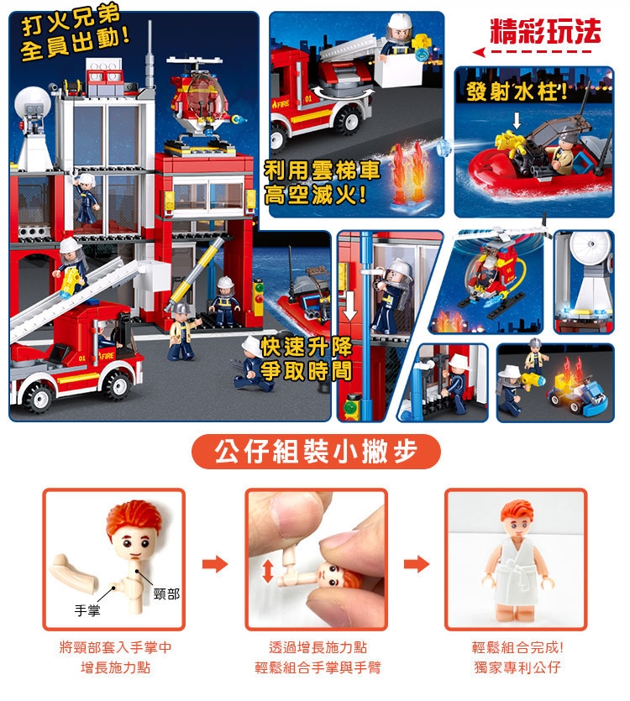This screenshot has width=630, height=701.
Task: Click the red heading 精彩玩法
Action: tap(545, 32)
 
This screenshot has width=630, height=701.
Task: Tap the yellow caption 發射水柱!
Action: tap(517, 92)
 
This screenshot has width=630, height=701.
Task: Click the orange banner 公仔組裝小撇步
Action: tap(316, 452)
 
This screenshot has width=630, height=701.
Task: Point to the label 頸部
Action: tap(166, 594)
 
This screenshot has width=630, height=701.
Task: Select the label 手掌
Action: tap(87, 610)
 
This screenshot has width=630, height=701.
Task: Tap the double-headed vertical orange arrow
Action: tap(268, 571)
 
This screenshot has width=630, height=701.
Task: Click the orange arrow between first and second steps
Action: tap(215, 564)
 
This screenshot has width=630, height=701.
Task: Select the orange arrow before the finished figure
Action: tap(416, 564)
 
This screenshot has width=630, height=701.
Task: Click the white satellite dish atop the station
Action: tap(32, 102)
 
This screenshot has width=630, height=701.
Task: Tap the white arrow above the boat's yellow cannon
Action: tap(517, 121)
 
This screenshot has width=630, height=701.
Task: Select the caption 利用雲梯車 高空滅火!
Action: tap(323, 182)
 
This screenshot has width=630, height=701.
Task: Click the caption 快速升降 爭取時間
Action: tap(307, 359)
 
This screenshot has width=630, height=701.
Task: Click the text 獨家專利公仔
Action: tap(517, 667)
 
